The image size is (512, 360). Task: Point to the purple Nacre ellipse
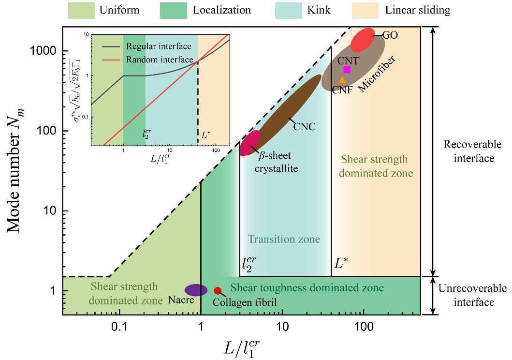196,290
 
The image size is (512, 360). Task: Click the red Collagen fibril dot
218,290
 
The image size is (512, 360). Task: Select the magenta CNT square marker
347,69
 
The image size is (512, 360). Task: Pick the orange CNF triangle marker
342,80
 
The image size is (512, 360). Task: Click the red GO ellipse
363,40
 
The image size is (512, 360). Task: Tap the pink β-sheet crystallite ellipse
250,143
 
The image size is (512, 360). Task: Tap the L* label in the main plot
342,264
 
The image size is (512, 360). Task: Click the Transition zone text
284,239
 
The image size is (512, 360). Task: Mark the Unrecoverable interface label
472,295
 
